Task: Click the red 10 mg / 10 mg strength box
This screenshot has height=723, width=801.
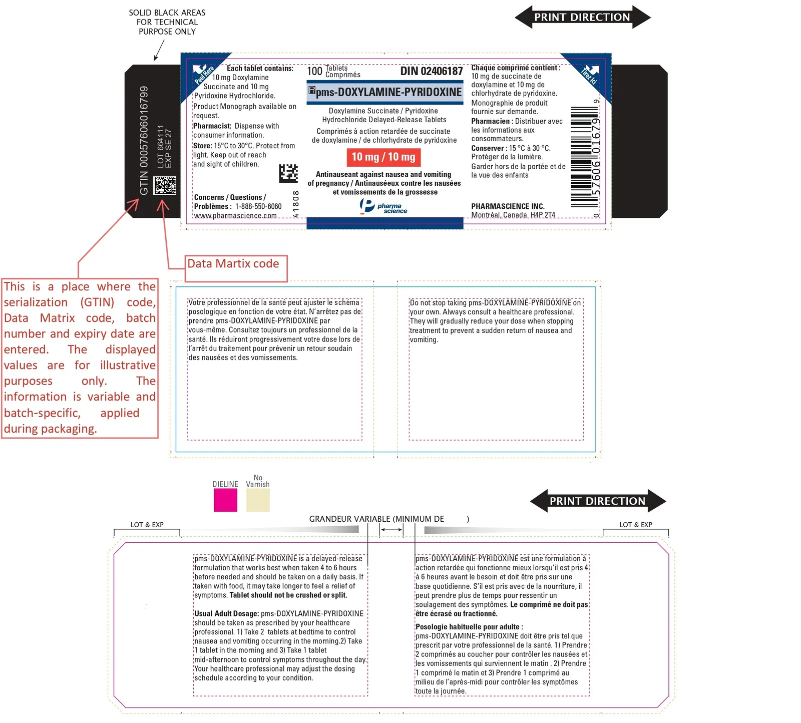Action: pos(383,157)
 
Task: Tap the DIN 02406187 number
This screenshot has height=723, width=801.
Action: pos(432,71)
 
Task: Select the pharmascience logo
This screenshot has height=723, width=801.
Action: pos(383,206)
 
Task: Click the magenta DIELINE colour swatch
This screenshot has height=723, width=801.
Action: pos(225,500)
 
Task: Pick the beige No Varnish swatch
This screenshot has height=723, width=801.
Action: pos(258,500)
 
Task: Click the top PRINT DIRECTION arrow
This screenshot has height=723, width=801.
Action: pos(583,17)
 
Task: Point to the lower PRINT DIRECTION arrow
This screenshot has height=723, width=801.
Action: pos(598,501)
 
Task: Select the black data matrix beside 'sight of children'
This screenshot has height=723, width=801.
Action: pos(288,173)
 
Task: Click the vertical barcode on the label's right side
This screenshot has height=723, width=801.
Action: pos(584,157)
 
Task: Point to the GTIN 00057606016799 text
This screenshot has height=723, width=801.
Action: pos(144,141)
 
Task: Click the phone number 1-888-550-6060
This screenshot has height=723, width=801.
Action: pos(258,206)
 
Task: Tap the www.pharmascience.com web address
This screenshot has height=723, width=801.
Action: pos(235,216)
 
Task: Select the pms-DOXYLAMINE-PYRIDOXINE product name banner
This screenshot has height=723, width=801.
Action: pos(385,92)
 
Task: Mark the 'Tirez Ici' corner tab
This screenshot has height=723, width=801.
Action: pos(589,75)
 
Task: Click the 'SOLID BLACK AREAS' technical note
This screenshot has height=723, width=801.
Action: pos(167,22)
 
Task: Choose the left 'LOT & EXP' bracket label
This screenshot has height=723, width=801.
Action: pos(147,525)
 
